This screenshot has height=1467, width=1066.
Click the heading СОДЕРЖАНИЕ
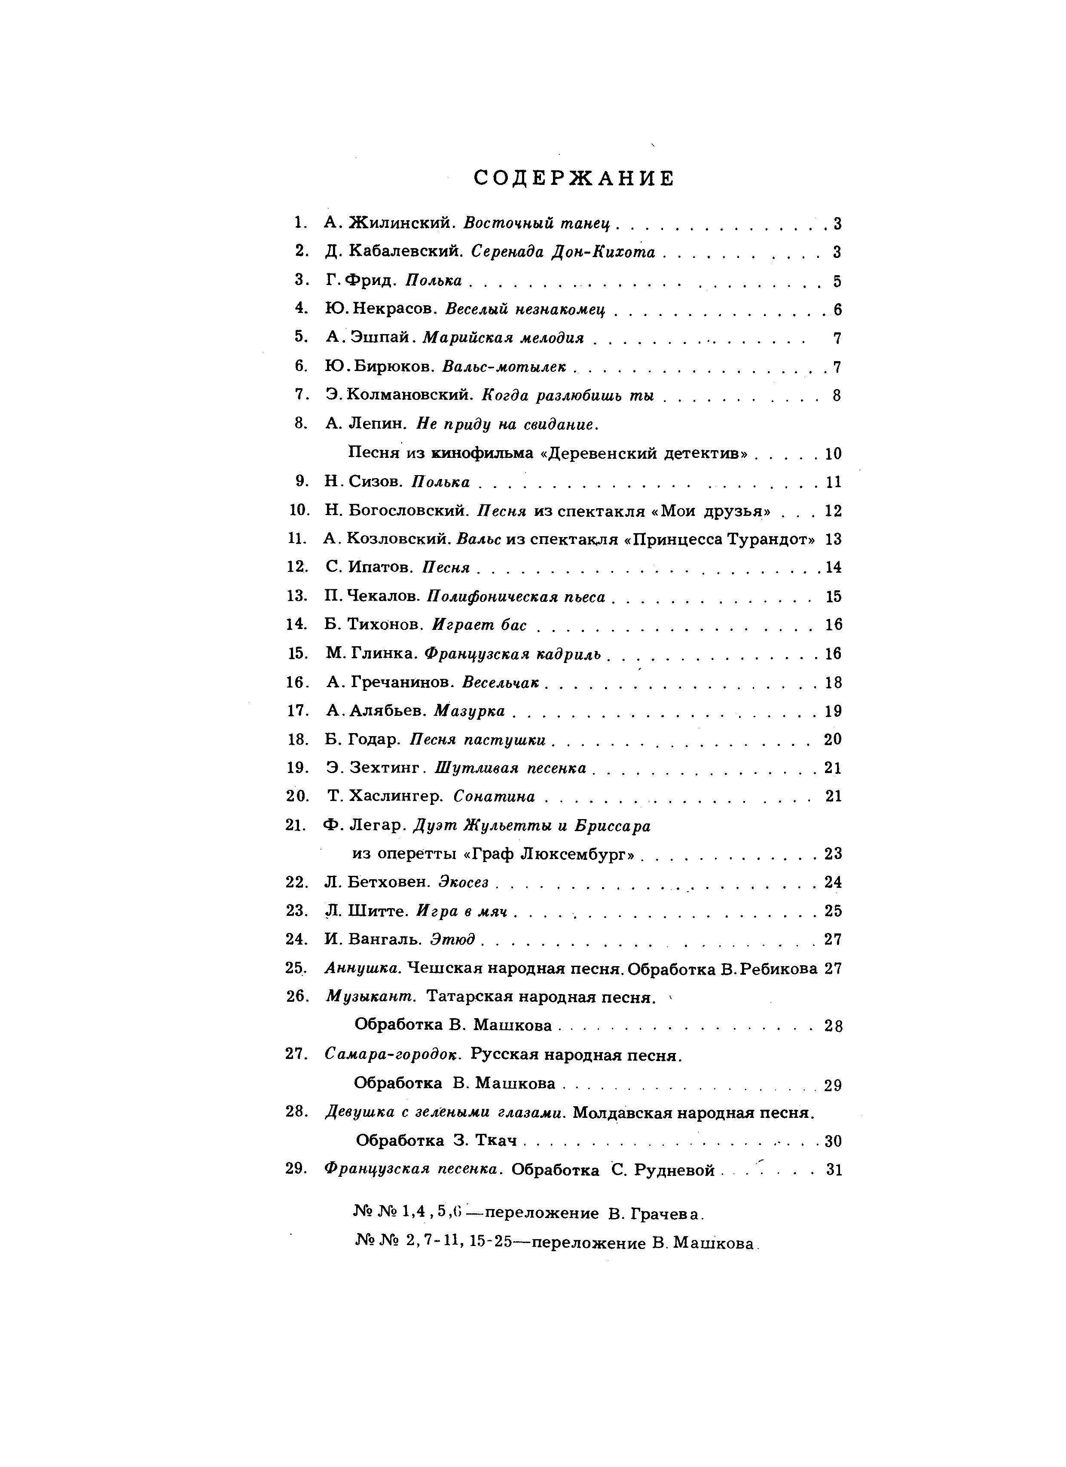574,178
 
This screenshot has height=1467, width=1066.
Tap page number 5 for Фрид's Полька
837,281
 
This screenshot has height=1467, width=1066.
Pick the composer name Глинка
385,653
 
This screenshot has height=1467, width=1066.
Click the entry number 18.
297,740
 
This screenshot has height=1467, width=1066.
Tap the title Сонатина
495,796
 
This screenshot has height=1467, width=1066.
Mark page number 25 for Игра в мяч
833,911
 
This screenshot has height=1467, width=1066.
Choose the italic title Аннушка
363,968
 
